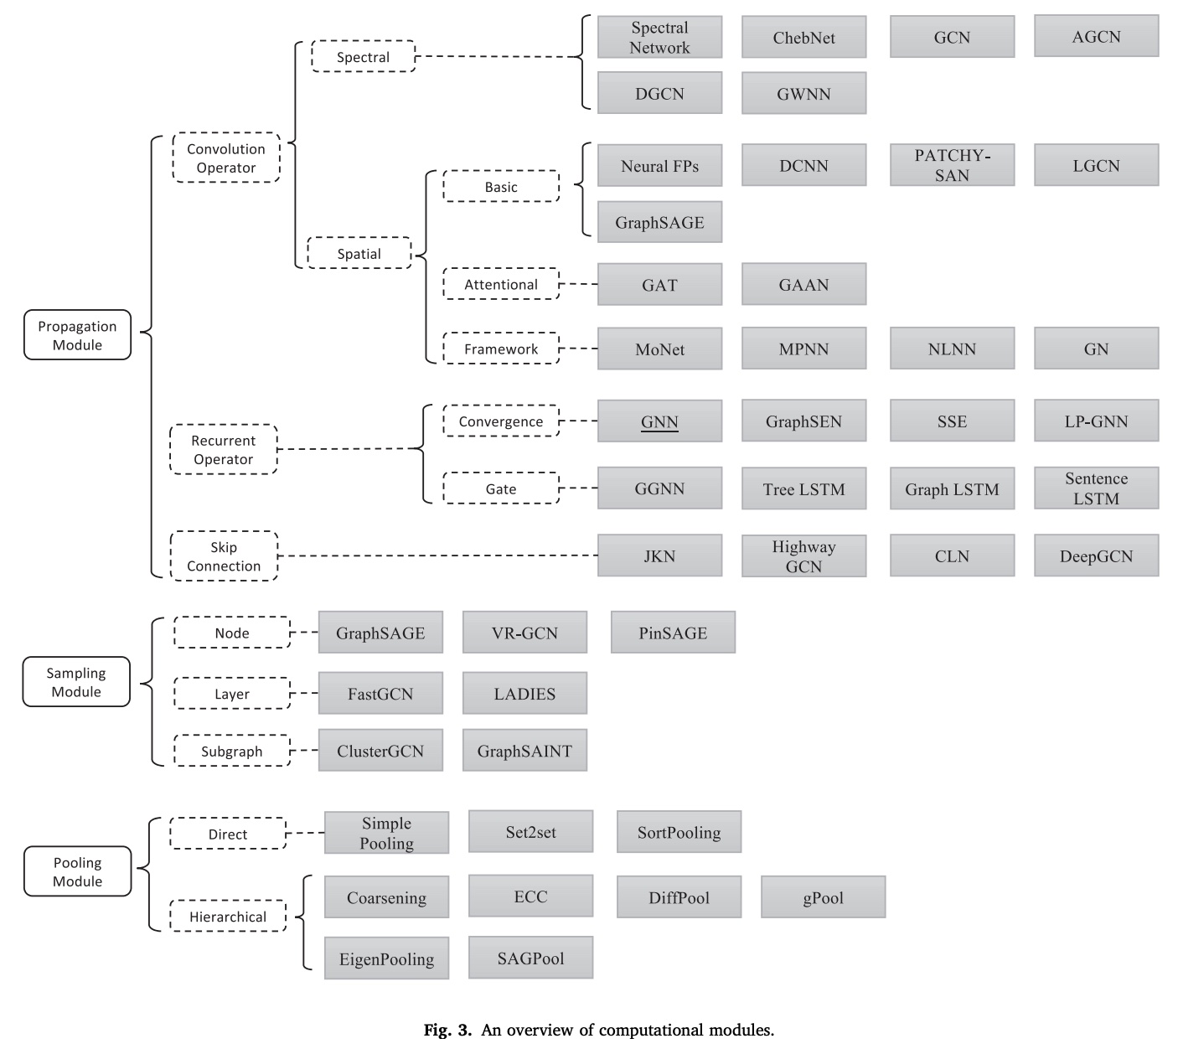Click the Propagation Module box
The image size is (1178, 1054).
click(77, 335)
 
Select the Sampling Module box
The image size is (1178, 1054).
click(76, 682)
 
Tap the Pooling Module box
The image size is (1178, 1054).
click(77, 871)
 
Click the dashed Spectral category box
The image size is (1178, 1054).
click(364, 56)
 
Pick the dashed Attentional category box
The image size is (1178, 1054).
click(501, 284)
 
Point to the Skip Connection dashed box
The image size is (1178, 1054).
click(224, 555)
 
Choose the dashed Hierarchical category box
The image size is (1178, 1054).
click(228, 917)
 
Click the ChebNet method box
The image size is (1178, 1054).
click(804, 37)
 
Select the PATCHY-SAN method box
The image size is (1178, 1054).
click(953, 165)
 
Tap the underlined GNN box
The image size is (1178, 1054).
click(660, 421)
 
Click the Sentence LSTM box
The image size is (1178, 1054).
click(1097, 488)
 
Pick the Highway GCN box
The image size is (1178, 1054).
click(804, 555)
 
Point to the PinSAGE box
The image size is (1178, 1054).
click(674, 633)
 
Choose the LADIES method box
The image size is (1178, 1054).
click(525, 693)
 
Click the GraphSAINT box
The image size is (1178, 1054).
click(525, 751)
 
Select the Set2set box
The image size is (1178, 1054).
click(531, 832)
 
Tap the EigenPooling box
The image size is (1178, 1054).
click(386, 958)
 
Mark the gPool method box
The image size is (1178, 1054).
click(824, 897)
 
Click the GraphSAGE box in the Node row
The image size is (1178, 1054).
click(381, 633)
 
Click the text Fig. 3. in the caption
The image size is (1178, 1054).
click(447, 1031)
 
